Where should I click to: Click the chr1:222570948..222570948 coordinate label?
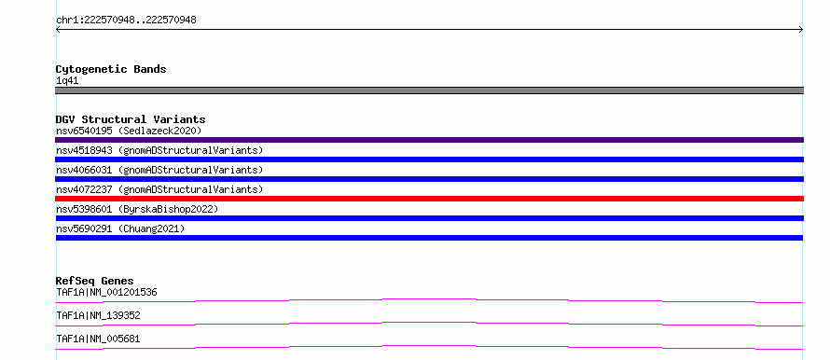[x=126, y=21]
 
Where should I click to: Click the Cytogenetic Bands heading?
[x=111, y=69]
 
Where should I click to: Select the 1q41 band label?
[x=67, y=81]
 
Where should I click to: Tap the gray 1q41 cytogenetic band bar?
[x=429, y=90]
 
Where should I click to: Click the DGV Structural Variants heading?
[x=131, y=119]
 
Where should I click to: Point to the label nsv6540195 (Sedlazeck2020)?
[x=129, y=131]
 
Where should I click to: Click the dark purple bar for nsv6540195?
[x=429, y=140]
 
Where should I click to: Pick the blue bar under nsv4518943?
[x=429, y=159]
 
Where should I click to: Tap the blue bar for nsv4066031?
[x=429, y=179]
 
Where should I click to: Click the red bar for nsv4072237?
[x=429, y=199]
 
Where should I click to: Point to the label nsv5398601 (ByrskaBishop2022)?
[x=137, y=209]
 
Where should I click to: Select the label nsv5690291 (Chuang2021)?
[x=120, y=228]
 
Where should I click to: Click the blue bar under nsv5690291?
[x=429, y=238]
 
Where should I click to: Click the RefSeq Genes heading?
[x=95, y=281]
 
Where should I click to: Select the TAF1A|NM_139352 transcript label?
[x=98, y=315]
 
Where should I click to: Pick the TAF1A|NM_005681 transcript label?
[x=98, y=339]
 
